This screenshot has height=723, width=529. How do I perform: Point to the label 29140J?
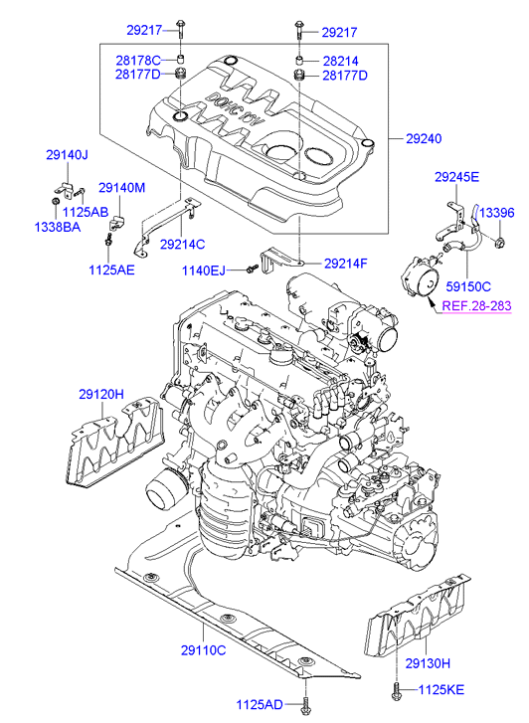(x=67, y=155)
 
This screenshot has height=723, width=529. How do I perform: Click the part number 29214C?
(x=182, y=244)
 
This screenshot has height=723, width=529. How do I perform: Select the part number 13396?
(x=496, y=213)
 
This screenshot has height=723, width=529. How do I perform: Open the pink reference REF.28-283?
(x=477, y=306)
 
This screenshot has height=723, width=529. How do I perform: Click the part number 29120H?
(x=101, y=394)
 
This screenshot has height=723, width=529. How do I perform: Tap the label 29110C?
(x=204, y=650)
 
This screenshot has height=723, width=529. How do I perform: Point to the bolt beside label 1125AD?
(x=305, y=704)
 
